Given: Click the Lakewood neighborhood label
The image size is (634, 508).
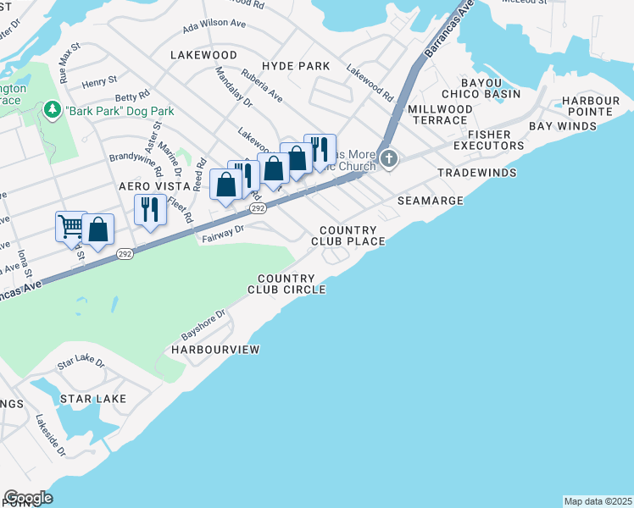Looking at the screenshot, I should (x=203, y=54).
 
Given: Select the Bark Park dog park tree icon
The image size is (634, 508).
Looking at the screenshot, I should (x=53, y=110).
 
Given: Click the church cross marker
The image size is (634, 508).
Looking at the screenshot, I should (x=389, y=158).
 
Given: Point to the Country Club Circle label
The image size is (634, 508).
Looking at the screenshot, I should (x=286, y=284).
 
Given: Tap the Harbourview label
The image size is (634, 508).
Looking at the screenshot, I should (x=215, y=349).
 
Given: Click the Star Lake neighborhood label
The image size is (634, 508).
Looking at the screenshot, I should (x=92, y=398).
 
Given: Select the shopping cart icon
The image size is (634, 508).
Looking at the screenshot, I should (x=71, y=225).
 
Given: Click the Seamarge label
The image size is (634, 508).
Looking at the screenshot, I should (x=431, y=201).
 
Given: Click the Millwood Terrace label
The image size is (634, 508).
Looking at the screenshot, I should (x=441, y=115).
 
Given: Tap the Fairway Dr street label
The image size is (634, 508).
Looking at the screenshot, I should (x=223, y=233).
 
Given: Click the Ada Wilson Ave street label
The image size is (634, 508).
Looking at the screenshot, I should (x=220, y=26).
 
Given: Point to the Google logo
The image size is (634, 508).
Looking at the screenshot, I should (x=28, y=498).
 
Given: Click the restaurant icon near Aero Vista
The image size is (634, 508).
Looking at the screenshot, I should (x=150, y=210).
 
